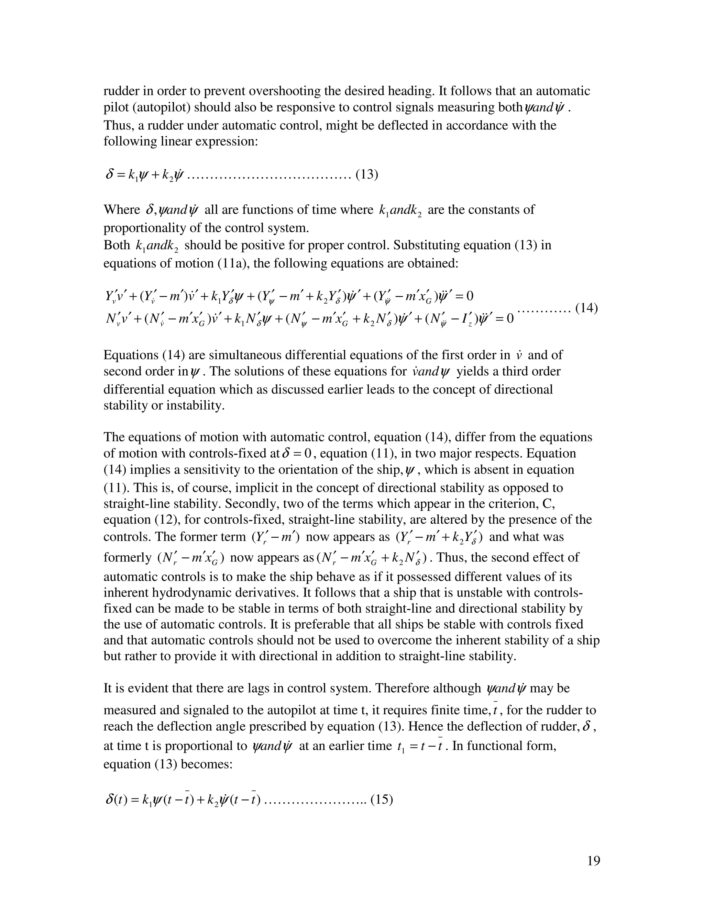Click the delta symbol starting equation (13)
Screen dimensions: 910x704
point(110,174)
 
